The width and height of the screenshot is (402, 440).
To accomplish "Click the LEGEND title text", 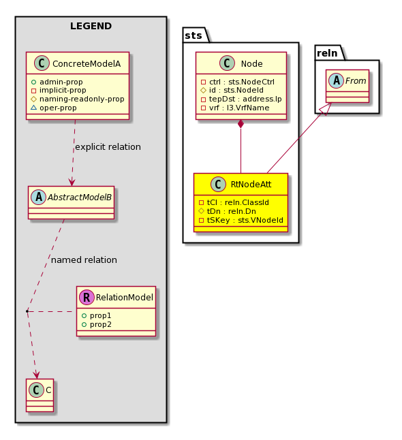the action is tap(91, 26).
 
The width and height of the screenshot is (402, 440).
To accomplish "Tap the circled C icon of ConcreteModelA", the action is tap(42, 63).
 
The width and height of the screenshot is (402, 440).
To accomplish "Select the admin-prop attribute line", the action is tap(57, 82).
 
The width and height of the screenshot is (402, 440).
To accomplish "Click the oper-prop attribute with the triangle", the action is tap(54, 108).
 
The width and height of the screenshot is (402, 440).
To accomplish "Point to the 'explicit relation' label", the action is tap(108, 146).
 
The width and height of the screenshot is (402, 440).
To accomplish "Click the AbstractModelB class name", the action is tap(80, 198).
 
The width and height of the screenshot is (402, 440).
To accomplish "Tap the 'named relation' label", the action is tap(84, 260).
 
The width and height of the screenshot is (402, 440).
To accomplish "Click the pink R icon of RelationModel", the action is tap(87, 297).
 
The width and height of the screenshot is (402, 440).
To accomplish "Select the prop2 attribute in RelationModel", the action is tap(97, 324).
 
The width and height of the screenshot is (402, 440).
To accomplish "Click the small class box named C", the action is tap(40, 395).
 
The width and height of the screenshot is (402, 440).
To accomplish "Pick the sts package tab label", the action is tap(194, 35).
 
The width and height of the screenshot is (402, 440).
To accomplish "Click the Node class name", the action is tap(252, 64).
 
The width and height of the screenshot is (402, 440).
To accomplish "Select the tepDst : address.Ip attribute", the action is tap(241, 99).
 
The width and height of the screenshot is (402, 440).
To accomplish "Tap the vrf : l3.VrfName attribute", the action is tap(235, 108).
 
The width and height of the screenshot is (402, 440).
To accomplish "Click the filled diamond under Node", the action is tap(241, 124).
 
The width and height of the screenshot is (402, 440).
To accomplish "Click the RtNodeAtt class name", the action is tap(251, 185).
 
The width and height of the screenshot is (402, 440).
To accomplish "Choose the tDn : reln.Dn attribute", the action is tap(228, 211).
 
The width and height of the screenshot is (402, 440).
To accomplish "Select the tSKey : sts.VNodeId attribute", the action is tap(241, 220).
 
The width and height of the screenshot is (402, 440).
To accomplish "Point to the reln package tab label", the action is tap(327, 52).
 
